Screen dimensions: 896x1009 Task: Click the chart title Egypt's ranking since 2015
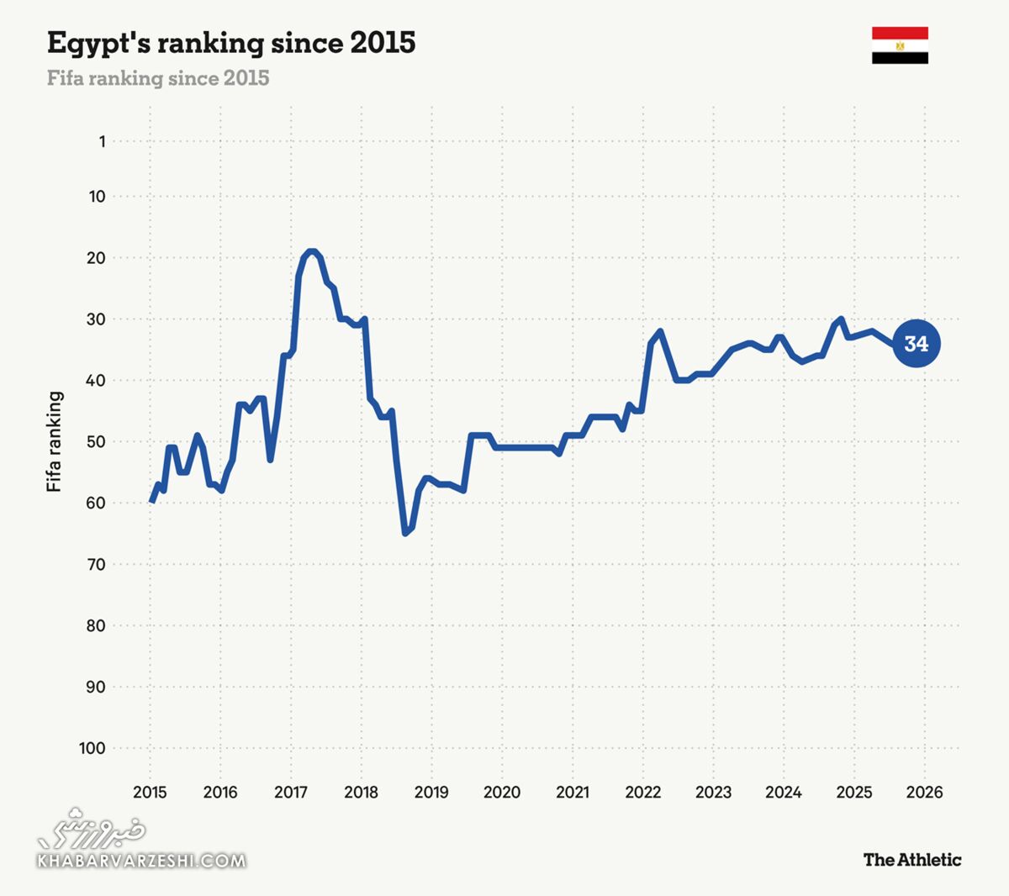point(231,43)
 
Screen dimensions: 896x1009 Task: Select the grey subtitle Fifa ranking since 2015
point(158,78)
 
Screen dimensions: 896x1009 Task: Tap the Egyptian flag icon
point(900,45)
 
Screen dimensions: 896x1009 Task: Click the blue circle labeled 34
point(916,344)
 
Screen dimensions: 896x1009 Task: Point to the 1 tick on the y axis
point(102,141)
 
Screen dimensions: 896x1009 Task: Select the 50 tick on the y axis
point(96,441)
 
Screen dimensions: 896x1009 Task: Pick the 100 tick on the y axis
point(92,748)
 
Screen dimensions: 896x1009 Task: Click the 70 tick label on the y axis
point(96,564)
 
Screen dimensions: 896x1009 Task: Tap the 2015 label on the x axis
point(150,792)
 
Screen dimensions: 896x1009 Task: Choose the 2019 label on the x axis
point(431,792)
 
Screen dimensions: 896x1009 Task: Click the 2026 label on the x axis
point(924,792)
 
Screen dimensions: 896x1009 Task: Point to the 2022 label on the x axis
point(642,792)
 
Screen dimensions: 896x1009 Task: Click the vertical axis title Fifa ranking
point(55,441)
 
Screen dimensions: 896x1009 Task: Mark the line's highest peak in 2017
point(311,251)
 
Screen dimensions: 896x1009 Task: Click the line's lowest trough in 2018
point(405,533)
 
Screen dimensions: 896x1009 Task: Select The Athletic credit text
point(911,859)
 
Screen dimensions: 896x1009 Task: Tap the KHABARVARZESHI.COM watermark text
point(141,861)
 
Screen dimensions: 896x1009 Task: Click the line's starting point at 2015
point(151,502)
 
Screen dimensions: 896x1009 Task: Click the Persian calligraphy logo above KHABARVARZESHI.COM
point(92,827)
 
